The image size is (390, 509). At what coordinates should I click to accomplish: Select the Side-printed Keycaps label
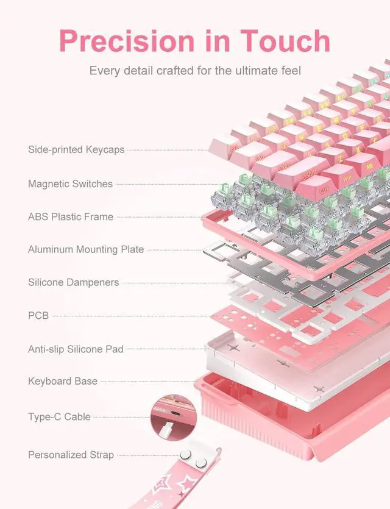click(x=76, y=149)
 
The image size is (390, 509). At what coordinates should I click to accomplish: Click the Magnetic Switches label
click(x=70, y=183)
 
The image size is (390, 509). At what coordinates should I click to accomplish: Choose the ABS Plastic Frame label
click(x=71, y=216)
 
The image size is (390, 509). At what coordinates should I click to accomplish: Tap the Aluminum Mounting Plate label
click(x=86, y=249)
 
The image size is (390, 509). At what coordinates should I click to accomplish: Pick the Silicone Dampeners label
click(x=73, y=282)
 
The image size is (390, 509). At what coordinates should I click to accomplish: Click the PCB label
click(x=38, y=316)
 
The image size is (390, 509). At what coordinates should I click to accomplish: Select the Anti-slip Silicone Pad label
click(x=76, y=349)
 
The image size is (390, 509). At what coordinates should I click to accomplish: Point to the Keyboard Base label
click(x=62, y=381)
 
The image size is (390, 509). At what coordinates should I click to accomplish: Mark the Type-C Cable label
click(x=59, y=417)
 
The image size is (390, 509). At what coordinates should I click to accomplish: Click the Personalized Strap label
click(x=71, y=455)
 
